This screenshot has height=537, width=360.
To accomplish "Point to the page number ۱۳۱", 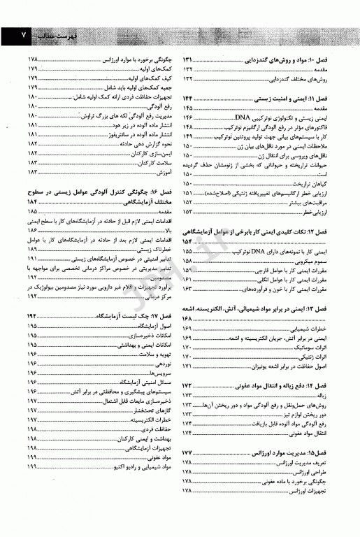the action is point(190,61).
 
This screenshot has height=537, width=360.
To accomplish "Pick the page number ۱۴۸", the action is point(190,128).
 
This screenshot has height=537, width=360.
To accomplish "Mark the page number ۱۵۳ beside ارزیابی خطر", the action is point(190,211).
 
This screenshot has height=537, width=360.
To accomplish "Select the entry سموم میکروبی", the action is point(331,259).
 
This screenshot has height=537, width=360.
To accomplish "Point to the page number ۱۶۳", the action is point(190,287).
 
